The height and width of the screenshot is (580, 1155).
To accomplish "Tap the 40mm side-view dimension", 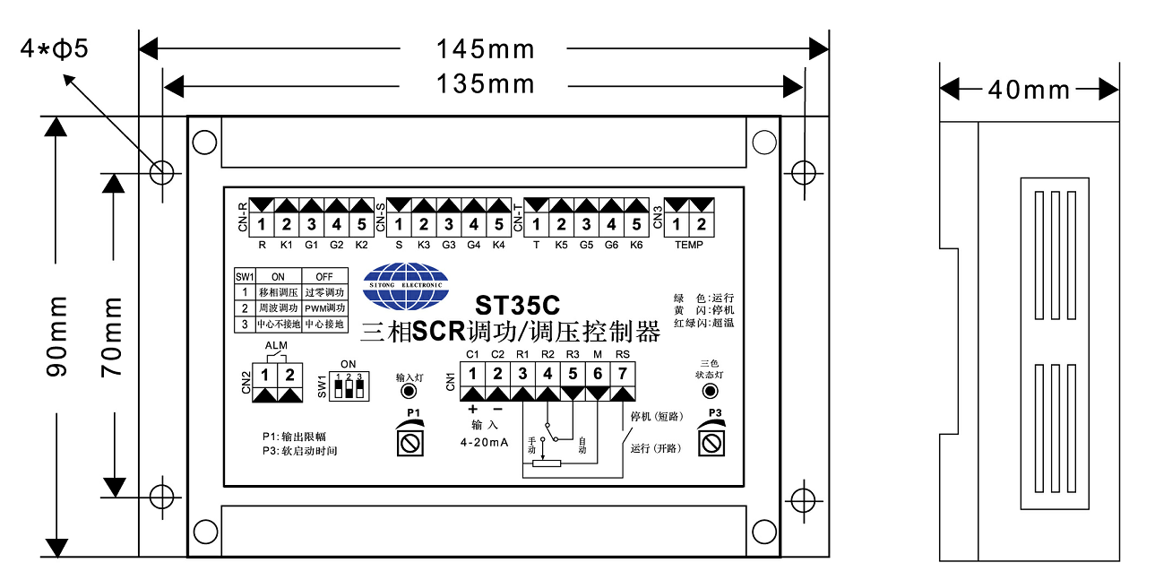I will click(x=1029, y=90).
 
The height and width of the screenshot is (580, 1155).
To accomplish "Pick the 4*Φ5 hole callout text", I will click(x=55, y=48).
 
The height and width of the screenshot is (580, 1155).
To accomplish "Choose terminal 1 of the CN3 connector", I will click(x=677, y=223).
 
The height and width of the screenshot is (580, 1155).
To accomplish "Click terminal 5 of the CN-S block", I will click(x=499, y=223).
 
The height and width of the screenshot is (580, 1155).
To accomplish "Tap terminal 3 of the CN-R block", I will click(x=311, y=223).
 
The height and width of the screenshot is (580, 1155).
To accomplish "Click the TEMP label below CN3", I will click(x=689, y=245).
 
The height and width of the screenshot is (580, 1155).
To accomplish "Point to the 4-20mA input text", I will click(x=485, y=443).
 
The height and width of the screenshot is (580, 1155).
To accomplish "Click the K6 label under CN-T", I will click(x=636, y=245).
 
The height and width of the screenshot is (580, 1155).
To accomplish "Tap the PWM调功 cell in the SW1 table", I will click(x=324, y=307).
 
